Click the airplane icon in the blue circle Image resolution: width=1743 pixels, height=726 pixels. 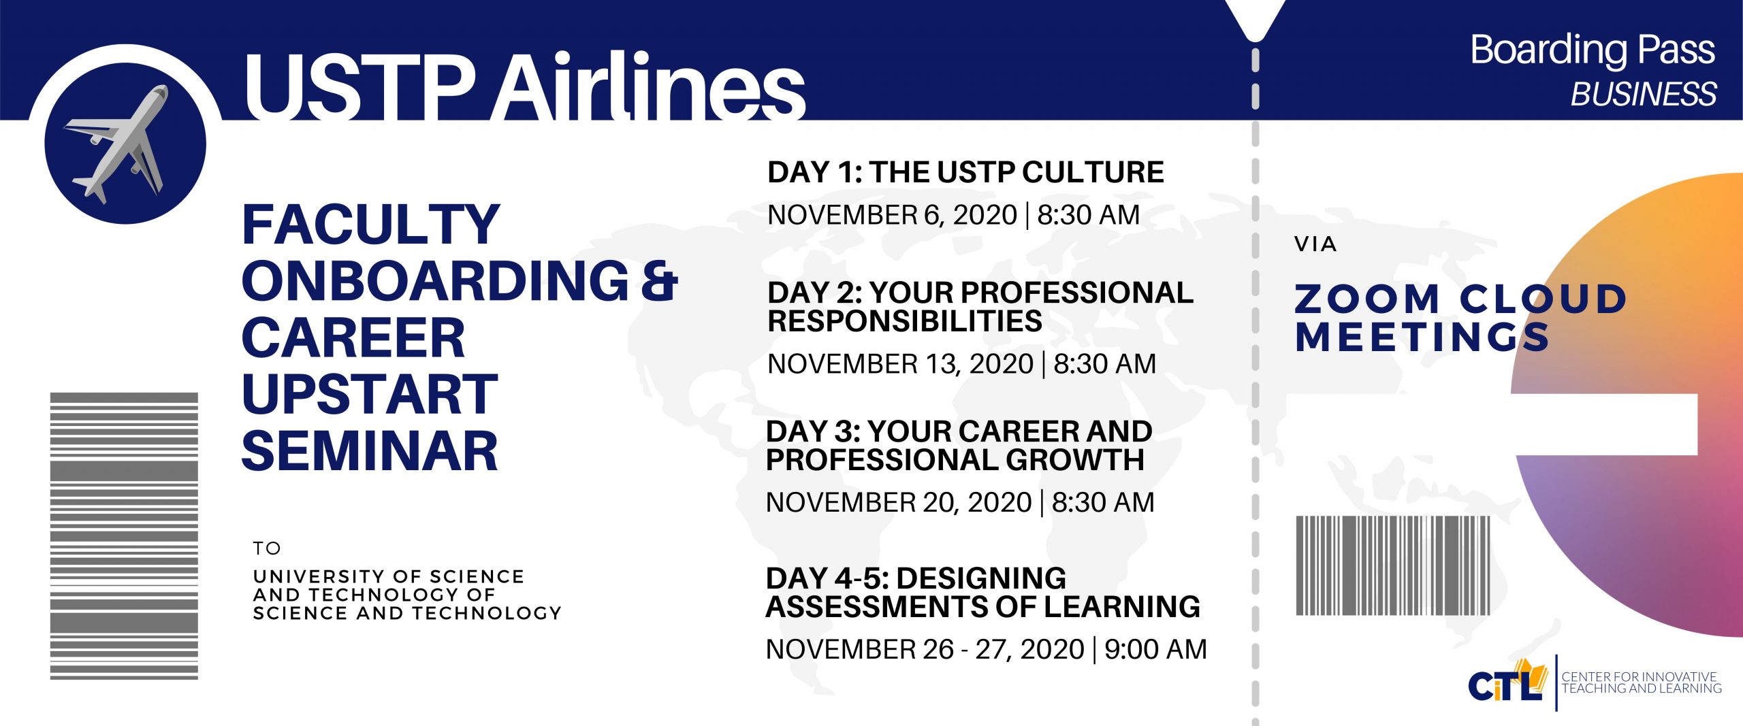[x=119, y=144]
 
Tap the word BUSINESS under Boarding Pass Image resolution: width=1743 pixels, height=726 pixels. [x=1643, y=94]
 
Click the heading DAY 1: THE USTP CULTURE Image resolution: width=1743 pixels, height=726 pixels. [x=965, y=172]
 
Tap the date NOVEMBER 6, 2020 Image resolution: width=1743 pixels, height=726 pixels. [x=892, y=215]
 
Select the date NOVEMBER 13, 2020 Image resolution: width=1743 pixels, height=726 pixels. [x=900, y=364]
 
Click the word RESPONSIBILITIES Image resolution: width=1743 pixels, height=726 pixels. [x=905, y=321]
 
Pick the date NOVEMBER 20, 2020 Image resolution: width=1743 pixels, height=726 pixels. [x=899, y=503]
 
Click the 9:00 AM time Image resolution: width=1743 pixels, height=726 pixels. [x=1155, y=649]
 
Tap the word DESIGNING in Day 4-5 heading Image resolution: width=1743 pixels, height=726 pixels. [x=982, y=578]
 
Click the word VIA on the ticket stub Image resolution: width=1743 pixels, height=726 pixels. [x=1315, y=244]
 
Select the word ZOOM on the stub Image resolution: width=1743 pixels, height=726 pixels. [x=1366, y=299]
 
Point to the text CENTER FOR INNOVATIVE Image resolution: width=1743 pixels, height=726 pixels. [x=1639, y=677]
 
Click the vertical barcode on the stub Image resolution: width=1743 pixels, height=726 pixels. [x=1392, y=566]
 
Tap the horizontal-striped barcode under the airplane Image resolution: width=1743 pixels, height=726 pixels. [x=124, y=536]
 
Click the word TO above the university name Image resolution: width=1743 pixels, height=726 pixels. [x=267, y=548]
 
